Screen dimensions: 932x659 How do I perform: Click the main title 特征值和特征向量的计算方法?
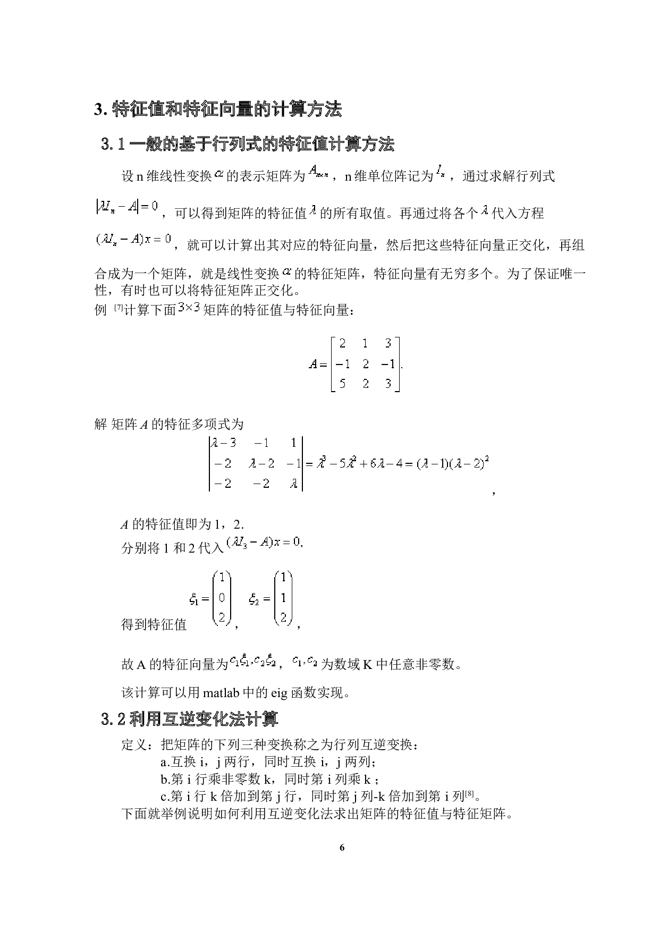tap(227, 109)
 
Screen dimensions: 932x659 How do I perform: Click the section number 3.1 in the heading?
tap(113, 144)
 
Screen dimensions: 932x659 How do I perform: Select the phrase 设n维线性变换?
tap(167, 176)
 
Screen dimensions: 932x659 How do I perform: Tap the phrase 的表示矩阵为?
tap(266, 176)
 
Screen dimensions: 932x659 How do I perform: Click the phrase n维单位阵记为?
tap(389, 176)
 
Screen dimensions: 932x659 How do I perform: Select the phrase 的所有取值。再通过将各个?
tap(399, 214)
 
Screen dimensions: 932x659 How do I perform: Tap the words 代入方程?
tap(518, 214)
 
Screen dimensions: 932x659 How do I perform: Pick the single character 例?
tap(101, 310)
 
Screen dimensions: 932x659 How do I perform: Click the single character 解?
tap(101, 424)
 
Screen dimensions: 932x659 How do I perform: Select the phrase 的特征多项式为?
tap(197, 424)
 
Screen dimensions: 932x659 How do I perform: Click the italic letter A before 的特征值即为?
tap(125, 525)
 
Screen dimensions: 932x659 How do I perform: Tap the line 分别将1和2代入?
tap(173, 548)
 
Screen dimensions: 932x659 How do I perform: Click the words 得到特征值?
tap(154, 624)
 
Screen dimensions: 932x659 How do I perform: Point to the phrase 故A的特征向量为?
tap(175, 664)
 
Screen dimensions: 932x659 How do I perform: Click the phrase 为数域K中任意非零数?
tap(393, 664)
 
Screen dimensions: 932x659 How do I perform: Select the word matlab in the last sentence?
tap(222, 693)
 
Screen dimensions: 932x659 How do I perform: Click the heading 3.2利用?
tap(131, 719)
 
